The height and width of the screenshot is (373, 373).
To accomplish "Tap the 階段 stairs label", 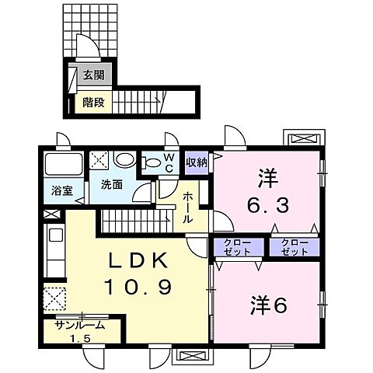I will point(93,100).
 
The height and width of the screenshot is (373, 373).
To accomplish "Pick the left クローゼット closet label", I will point(232,247).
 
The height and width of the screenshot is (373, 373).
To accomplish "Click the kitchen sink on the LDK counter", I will point(56,235).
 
